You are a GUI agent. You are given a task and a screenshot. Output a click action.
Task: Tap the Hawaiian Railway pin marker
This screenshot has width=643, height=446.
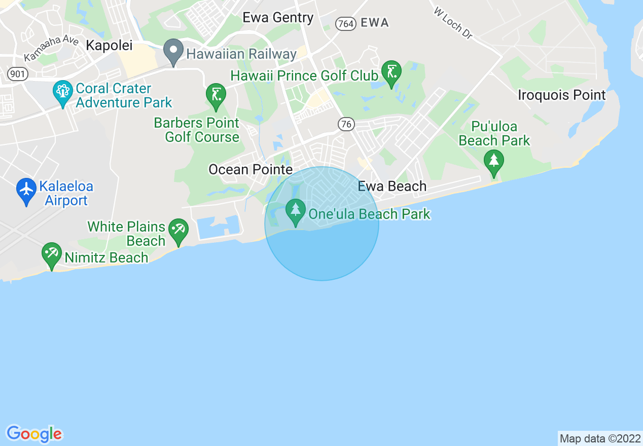(x=173, y=51)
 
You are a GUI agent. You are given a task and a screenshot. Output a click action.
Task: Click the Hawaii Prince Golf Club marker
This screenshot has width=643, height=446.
(x=391, y=72)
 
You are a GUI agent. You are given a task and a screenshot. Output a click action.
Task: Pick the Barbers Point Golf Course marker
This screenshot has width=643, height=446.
(x=216, y=95)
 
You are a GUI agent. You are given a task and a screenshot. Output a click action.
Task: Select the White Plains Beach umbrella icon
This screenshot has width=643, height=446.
(x=178, y=230)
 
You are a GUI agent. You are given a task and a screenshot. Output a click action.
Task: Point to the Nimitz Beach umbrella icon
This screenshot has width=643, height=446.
(x=52, y=254)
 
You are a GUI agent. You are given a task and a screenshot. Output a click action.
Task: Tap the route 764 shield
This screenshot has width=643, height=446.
(x=346, y=23)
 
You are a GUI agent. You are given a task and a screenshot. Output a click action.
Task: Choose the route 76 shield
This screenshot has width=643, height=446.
(x=346, y=124)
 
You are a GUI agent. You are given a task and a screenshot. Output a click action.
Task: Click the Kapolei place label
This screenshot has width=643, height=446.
(x=109, y=45)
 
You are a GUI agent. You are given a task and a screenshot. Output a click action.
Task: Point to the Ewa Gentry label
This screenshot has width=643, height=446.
(x=278, y=18)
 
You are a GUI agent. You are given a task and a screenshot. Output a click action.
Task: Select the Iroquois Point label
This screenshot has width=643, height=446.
(x=561, y=95)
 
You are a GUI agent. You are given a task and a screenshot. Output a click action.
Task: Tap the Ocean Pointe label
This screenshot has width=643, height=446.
(x=251, y=169)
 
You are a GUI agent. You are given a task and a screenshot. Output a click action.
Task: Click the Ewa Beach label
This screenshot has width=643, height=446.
(x=392, y=186)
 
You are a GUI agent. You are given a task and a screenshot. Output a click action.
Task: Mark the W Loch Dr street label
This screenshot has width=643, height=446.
(x=453, y=23)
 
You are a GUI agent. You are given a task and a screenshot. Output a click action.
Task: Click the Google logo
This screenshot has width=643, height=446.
(x=34, y=434)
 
